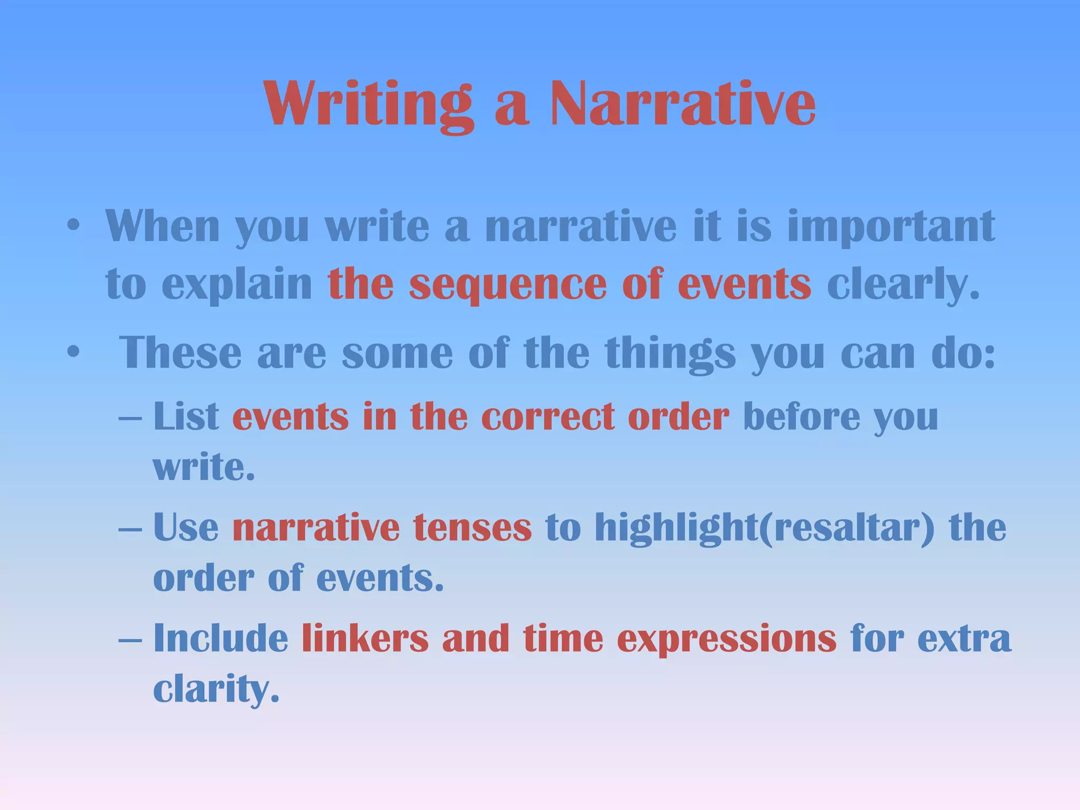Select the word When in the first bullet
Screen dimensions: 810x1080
pos(162,227)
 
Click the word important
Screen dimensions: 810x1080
pos(891,227)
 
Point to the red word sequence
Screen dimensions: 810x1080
pos(507,285)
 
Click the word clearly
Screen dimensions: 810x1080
pos(903,285)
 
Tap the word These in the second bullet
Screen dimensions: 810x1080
pos(180,353)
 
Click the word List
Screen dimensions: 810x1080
pos(186,417)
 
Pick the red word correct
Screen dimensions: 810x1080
pos(548,417)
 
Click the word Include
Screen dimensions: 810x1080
pos(220,639)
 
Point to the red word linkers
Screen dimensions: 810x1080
pos(365,639)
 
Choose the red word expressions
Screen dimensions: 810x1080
pos(726,639)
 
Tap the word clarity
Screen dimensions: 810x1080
pos(216,689)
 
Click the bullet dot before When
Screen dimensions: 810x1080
pos(73,227)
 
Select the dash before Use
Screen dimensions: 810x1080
pos(130,528)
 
